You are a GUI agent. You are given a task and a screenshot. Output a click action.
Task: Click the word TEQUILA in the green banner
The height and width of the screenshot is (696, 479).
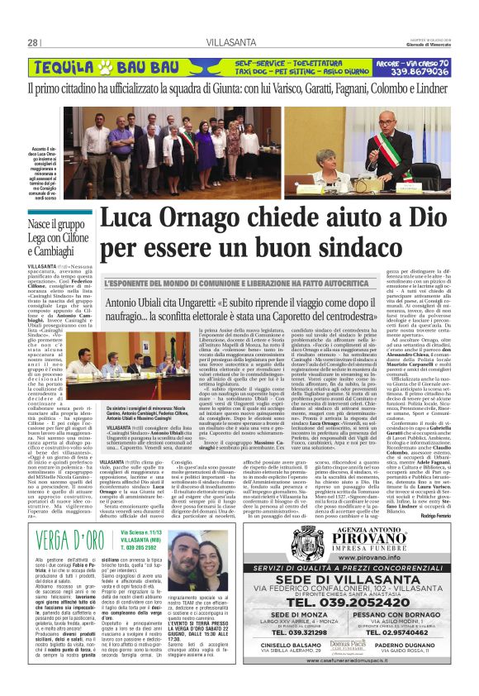tap(69, 66)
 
